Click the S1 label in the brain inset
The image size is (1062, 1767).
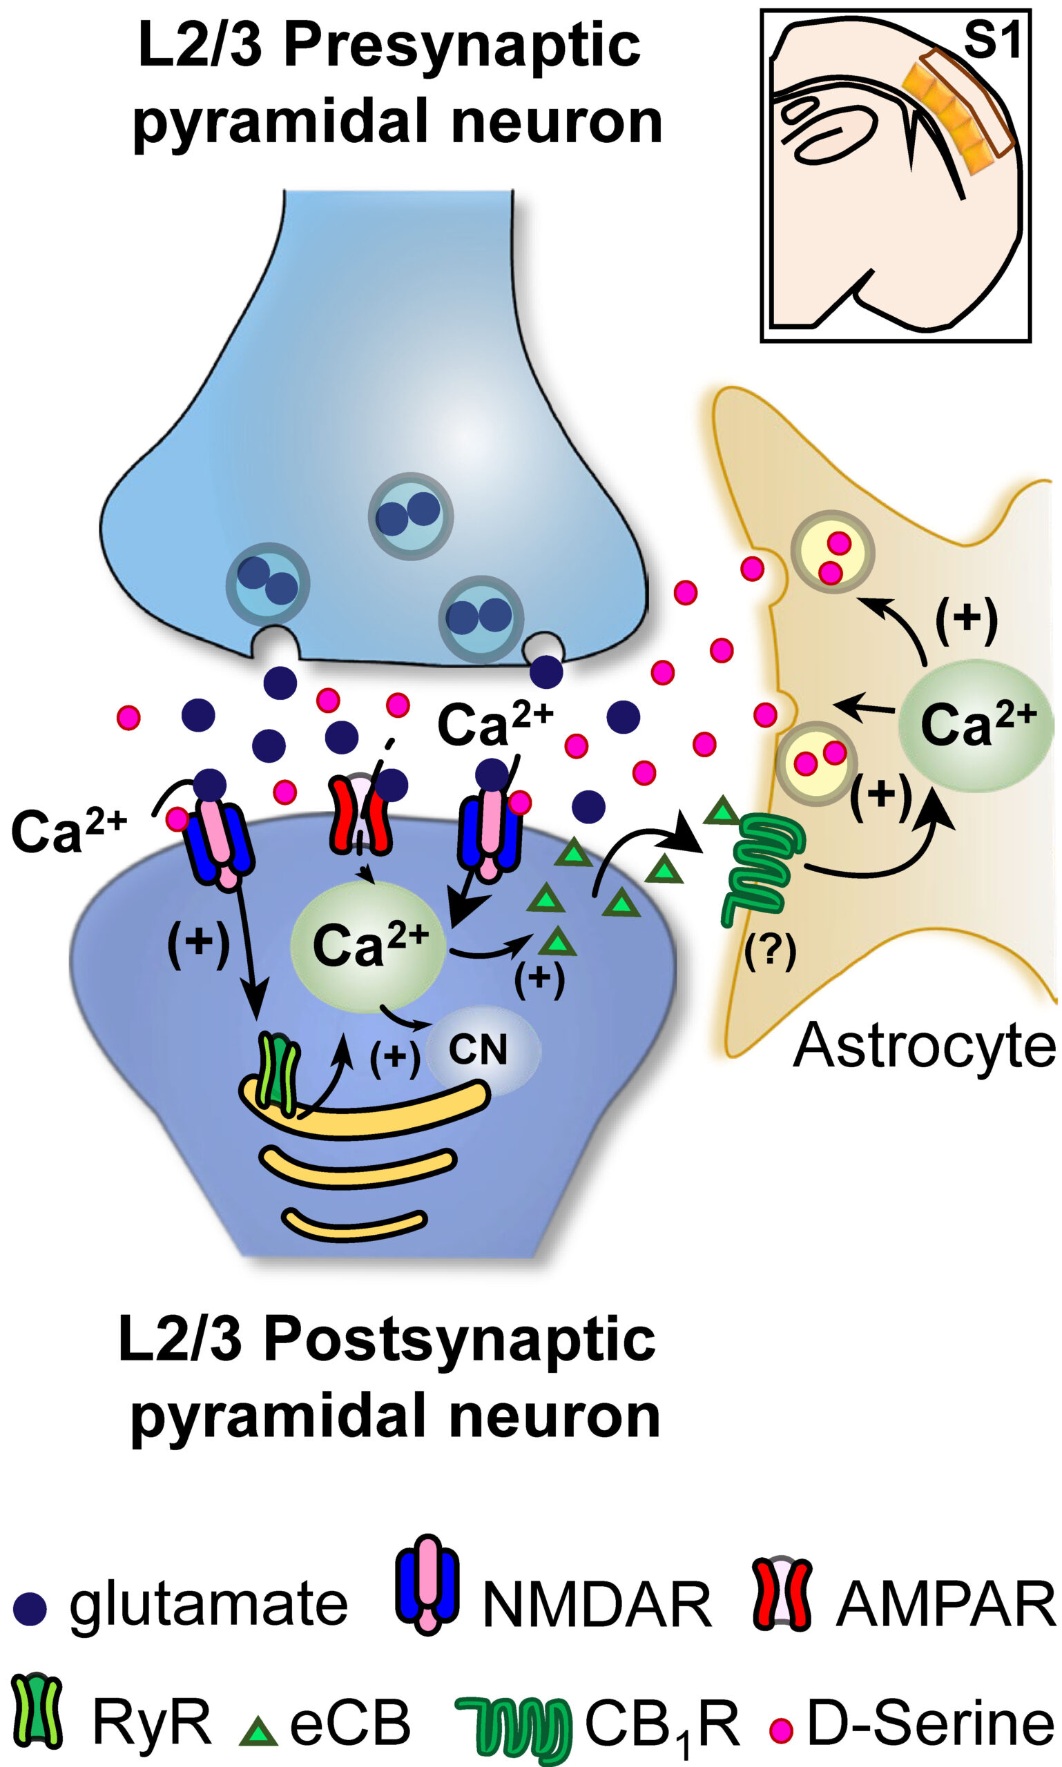point(992,41)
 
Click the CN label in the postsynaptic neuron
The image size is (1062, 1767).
point(477,1049)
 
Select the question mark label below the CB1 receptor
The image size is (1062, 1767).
point(770,952)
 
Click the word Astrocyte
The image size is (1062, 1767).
point(925,1046)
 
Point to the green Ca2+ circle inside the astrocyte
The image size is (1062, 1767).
point(975,725)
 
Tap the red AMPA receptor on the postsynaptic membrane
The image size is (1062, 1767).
point(360,816)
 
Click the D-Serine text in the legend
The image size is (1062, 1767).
point(931,1703)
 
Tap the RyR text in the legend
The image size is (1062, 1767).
point(152,1703)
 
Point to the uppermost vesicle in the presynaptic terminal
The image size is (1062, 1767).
point(411,516)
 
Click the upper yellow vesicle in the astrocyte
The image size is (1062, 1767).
point(832,551)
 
